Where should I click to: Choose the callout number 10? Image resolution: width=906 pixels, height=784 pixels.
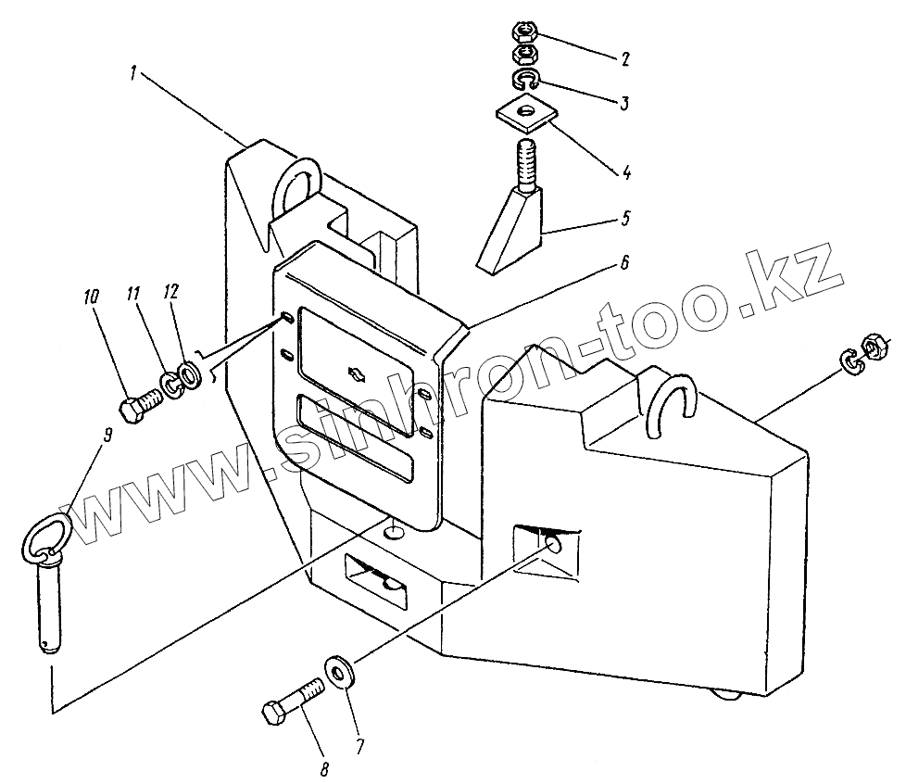[x=90, y=298]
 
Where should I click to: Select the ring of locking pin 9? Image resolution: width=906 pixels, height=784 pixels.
[x=43, y=538]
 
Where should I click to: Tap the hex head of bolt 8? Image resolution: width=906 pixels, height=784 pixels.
[x=276, y=714]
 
